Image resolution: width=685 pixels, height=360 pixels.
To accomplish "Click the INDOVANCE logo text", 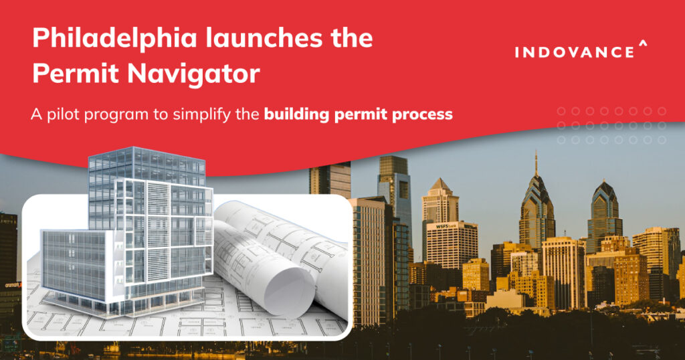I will (x=575, y=52).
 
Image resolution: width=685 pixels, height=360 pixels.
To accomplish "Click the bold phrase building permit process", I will (x=358, y=114).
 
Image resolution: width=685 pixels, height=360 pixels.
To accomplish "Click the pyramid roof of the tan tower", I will (x=439, y=185).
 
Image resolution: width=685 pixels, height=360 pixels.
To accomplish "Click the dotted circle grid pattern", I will (x=611, y=125).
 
